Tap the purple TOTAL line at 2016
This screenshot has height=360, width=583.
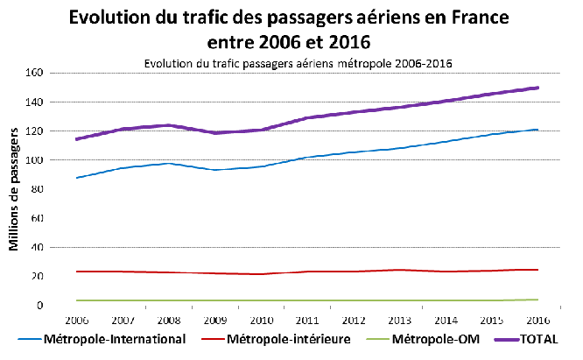click(x=537, y=88)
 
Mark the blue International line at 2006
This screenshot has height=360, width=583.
click(x=77, y=178)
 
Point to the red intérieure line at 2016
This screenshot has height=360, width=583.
click(x=537, y=270)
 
